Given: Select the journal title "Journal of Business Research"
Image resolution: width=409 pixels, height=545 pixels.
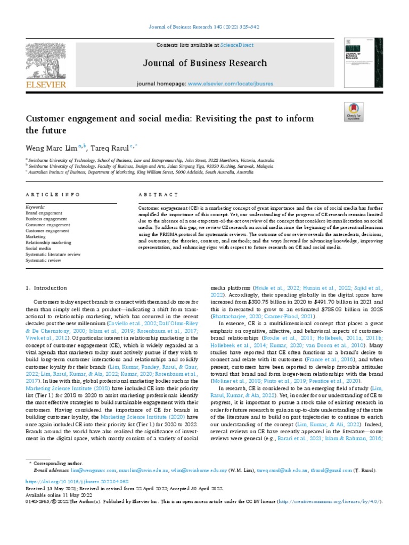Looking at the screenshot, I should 204,63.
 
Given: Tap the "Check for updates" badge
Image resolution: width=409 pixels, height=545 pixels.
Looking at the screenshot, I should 354,113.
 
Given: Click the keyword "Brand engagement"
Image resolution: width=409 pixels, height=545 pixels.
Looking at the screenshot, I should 44,213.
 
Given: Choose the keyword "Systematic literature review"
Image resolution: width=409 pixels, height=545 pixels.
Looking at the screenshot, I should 53,254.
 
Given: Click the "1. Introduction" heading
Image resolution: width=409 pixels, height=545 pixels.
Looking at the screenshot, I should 47,288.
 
